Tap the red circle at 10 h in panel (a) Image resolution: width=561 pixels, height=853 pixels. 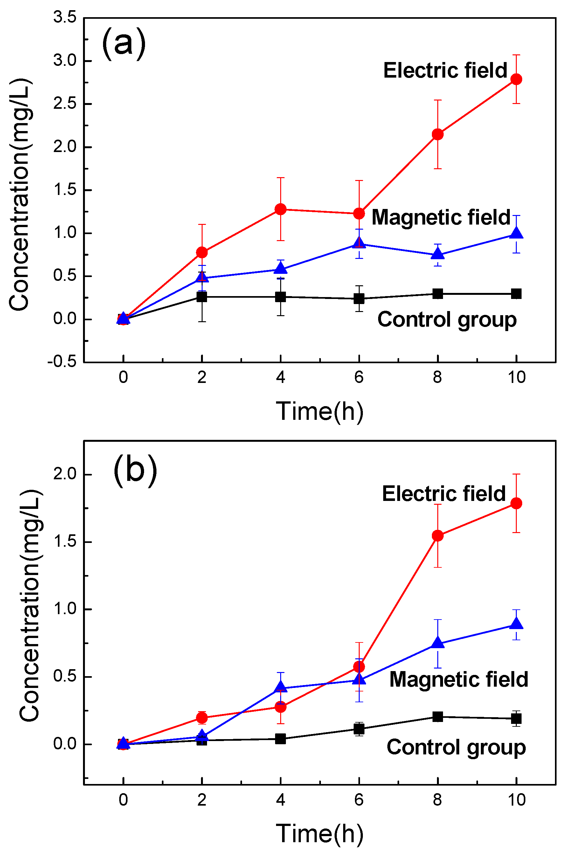point(516,79)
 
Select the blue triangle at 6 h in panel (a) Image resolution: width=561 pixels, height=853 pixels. point(359,243)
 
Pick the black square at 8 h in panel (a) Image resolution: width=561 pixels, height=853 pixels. point(437,294)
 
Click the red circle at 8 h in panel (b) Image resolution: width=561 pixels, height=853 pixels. point(437,536)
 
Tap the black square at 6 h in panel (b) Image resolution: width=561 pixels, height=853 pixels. point(359,729)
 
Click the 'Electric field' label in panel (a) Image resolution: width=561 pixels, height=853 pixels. point(445,70)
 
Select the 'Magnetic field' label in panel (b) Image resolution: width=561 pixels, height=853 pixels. point(459,679)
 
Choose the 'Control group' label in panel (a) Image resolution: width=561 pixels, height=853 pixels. point(447,319)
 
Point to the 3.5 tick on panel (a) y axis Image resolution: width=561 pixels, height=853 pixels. point(65,17)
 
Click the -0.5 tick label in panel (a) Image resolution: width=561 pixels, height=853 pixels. point(62,361)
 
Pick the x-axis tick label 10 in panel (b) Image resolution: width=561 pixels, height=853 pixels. point(516,800)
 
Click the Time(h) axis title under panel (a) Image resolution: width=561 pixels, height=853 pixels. point(319,411)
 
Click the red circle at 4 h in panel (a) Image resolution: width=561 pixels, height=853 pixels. point(280,209)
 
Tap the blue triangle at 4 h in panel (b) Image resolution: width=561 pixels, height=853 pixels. point(280,687)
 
